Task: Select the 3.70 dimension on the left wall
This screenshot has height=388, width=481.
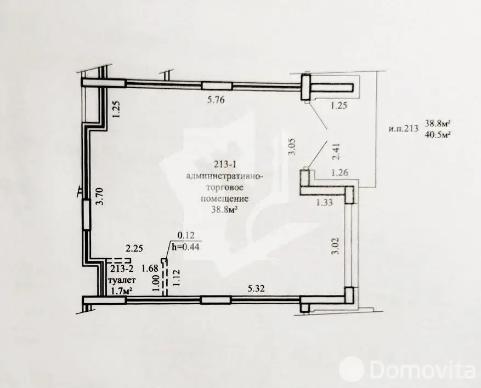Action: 100,195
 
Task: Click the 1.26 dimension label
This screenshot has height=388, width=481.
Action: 340,174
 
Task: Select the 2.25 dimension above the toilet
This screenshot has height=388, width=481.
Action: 134,248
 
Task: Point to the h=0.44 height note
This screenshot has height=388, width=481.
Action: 186,246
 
